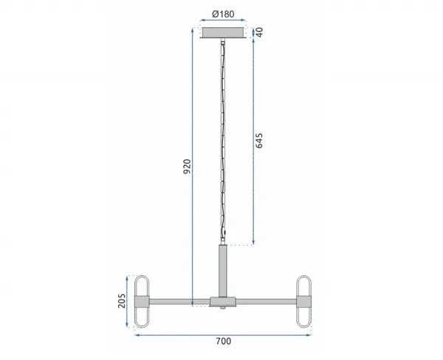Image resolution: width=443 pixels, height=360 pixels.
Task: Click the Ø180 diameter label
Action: pos(223,14)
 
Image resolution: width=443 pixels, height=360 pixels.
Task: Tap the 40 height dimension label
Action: pos(259,32)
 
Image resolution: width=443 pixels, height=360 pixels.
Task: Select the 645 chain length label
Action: pos(259,140)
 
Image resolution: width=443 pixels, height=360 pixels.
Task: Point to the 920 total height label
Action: pos(187,166)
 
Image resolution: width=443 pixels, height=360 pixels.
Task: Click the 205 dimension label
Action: pos(122,300)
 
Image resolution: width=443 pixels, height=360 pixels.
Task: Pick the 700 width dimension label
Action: pos(224,342)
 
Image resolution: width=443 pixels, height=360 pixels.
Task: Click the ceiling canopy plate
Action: pos(223,32)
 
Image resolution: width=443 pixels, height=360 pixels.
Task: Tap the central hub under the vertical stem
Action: pos(223,302)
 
